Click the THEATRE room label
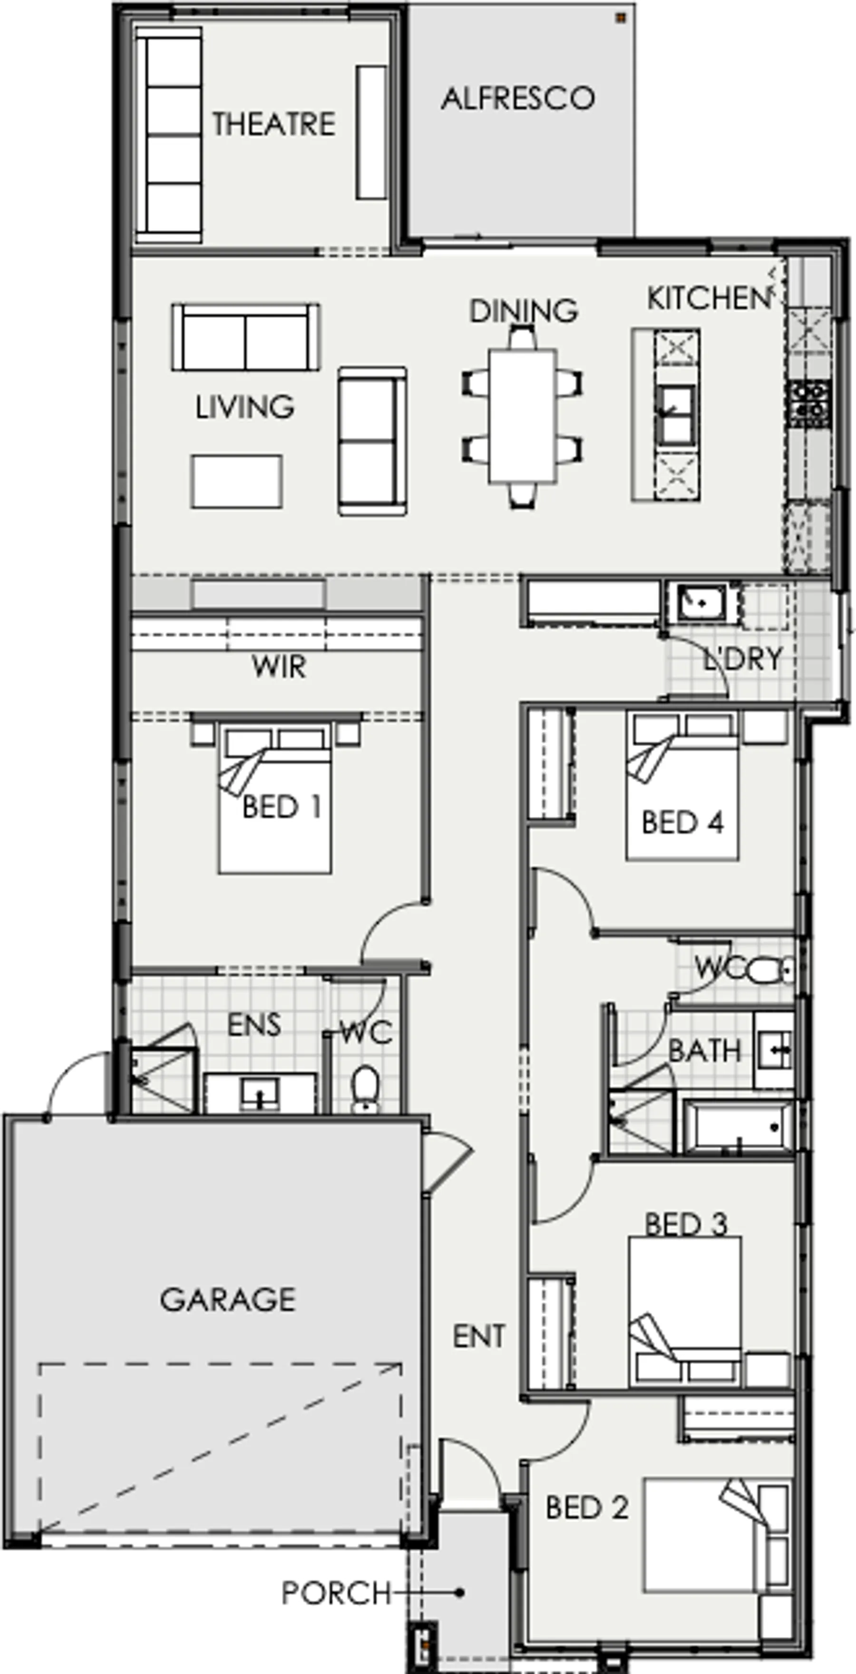click(x=273, y=124)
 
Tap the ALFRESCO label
click(x=517, y=98)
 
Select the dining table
click(x=522, y=416)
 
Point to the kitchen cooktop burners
click(x=808, y=403)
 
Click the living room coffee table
click(x=236, y=482)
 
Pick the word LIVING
click(x=245, y=407)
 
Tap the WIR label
click(x=279, y=667)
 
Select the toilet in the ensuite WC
click(x=365, y=1089)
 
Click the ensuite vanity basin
click(x=260, y=1093)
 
